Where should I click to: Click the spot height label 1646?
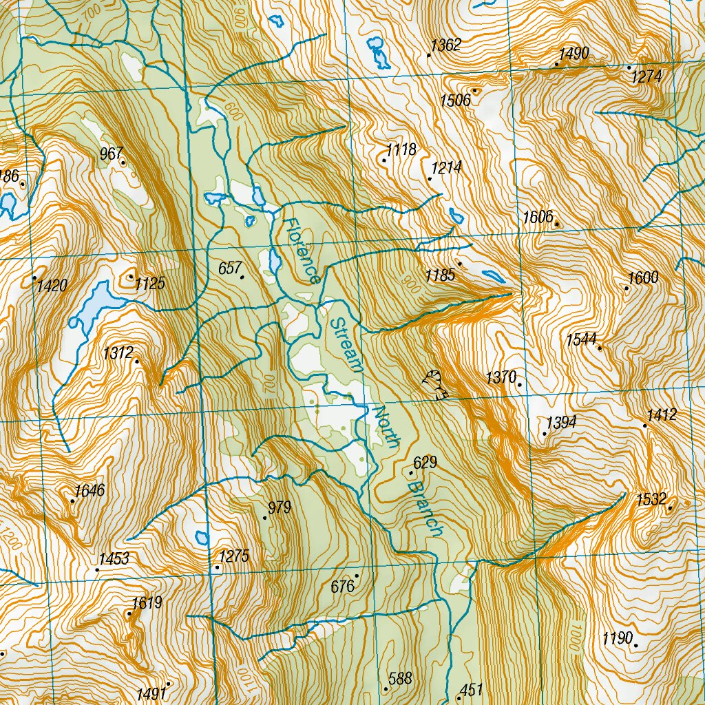pos(90,491)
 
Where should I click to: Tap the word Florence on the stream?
pos(302,252)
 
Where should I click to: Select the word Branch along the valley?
pos(423,509)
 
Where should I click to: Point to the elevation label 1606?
pos(538,218)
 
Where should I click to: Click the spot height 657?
pos(229,269)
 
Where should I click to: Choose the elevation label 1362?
pos(445,46)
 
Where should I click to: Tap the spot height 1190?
pos(617,638)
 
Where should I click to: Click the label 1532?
pos(651,500)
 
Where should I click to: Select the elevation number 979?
pos(280,508)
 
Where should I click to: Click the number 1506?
pos(455,101)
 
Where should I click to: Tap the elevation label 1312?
pos(118,353)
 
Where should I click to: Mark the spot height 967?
pos(111,154)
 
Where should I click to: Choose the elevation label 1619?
pos(147,603)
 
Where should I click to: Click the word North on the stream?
pos(385,427)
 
